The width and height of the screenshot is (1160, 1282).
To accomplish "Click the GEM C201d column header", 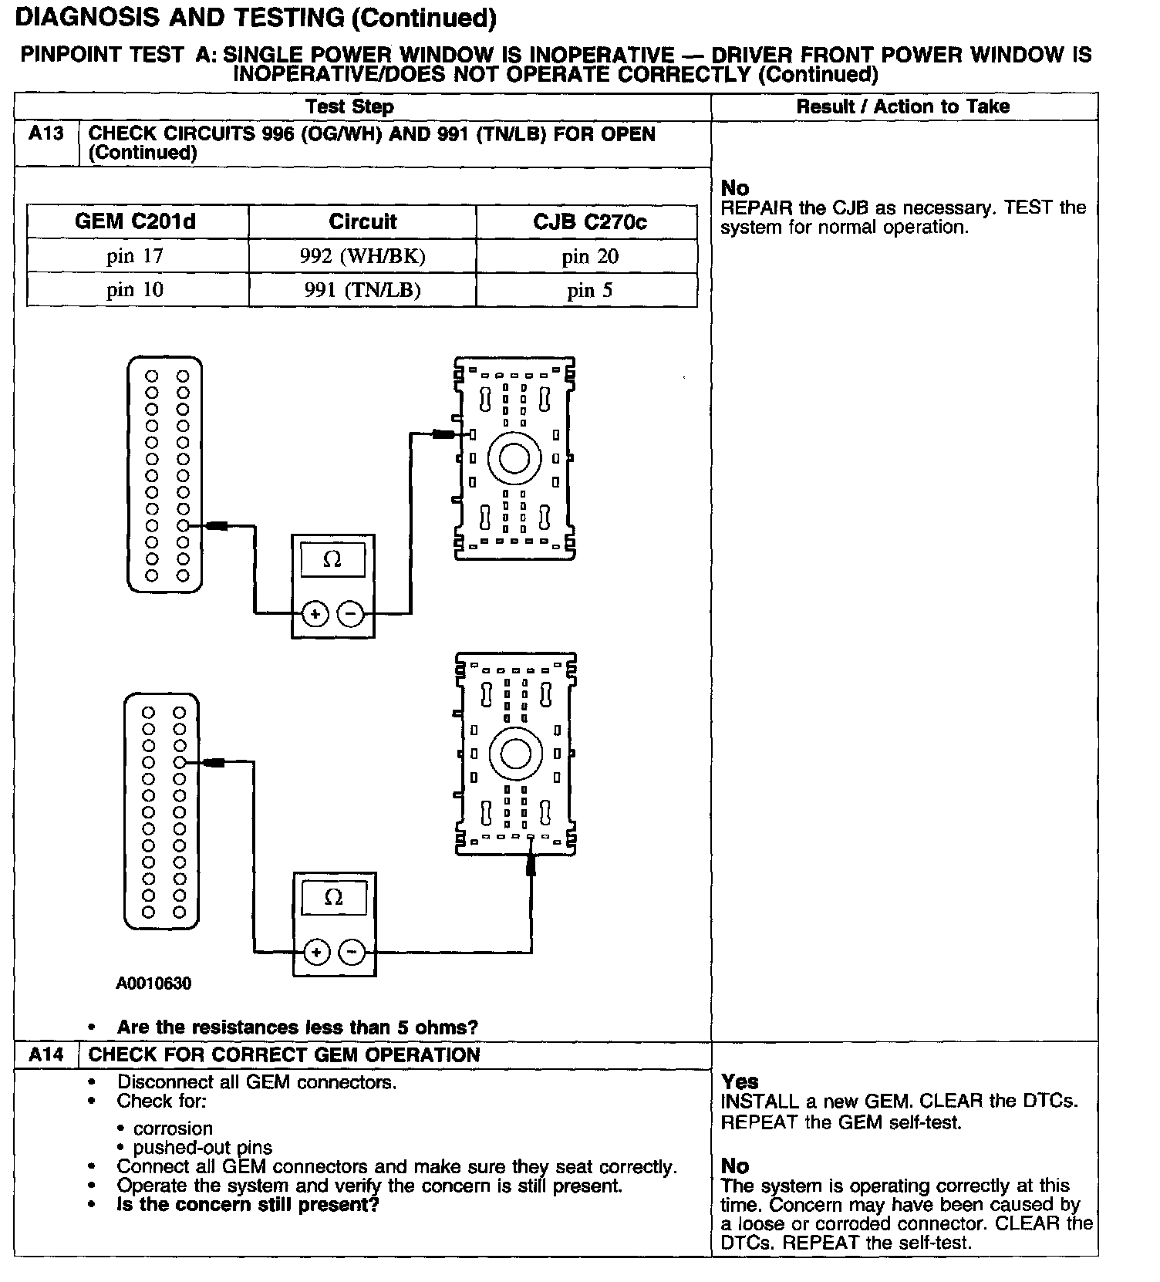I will (136, 222).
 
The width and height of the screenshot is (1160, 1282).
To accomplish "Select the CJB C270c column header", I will (590, 222).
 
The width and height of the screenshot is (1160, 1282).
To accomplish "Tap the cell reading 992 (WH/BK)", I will (362, 256).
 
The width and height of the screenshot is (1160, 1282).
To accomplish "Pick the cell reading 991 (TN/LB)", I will (362, 290).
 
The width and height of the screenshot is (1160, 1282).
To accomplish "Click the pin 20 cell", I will (590, 256).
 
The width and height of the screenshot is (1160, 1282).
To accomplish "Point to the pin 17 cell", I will (136, 256).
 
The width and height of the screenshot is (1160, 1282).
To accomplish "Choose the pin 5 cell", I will (590, 290).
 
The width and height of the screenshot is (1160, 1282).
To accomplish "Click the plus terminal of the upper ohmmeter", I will (315, 614).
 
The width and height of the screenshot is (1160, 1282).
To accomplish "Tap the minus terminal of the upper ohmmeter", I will (351, 614).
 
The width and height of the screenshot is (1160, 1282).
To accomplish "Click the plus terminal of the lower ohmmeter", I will (316, 952).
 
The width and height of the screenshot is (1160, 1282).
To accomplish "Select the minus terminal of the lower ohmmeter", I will (352, 952).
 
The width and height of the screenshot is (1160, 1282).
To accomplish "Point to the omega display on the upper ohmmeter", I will (332, 559).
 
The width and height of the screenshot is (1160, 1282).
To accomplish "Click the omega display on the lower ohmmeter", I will (334, 897).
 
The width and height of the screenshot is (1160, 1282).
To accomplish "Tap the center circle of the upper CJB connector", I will (514, 458).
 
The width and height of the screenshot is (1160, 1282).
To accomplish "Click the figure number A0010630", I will (153, 983).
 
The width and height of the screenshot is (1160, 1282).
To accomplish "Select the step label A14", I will (46, 1054).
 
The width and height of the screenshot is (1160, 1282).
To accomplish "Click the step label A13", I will (46, 134).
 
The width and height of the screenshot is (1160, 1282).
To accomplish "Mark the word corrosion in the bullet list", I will (173, 1128).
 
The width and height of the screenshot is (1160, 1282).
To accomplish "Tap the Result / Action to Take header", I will (903, 106).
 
